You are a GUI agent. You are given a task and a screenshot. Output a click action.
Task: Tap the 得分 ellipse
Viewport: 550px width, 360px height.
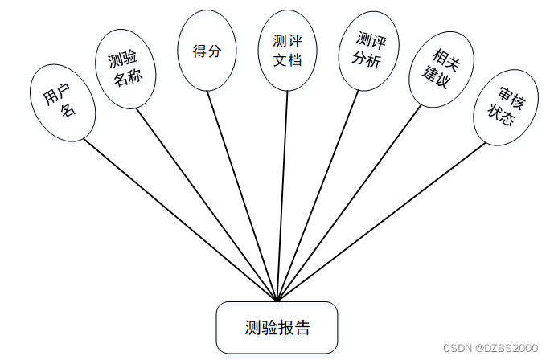point(207,51)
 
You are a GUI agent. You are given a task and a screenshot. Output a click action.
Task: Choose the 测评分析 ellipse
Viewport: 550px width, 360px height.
point(368,51)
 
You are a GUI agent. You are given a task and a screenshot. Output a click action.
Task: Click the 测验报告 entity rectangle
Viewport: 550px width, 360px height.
point(277,327)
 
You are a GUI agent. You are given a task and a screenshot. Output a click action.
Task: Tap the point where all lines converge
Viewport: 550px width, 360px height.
point(277,301)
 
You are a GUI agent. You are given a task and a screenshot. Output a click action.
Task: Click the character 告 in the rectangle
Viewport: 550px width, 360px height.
point(302,328)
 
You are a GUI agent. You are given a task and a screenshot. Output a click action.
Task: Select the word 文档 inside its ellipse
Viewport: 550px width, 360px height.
point(287,60)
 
